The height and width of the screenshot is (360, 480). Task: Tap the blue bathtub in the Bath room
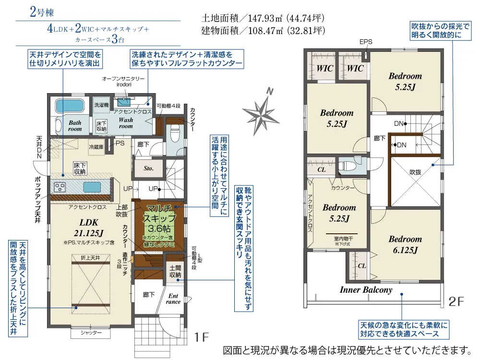pyautogui.click(x=70, y=106)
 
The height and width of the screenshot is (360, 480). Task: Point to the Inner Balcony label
pyautogui.click(x=366, y=290)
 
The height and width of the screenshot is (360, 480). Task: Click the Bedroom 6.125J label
pyautogui.click(x=405, y=244)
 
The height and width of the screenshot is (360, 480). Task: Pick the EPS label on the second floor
pyautogui.click(x=366, y=42)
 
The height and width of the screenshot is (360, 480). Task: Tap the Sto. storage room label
pyautogui.click(x=148, y=168)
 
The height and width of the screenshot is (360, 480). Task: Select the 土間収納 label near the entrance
pyautogui.click(x=175, y=271)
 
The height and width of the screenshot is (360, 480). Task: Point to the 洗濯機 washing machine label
pyautogui.click(x=101, y=104)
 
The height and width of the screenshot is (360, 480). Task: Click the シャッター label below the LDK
pyautogui.click(x=91, y=333)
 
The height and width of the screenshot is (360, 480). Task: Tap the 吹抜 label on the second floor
pyautogui.click(x=415, y=171)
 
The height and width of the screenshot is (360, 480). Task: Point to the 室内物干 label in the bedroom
pyautogui.click(x=343, y=238)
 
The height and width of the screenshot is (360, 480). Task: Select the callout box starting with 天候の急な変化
pyautogui.click(x=403, y=330)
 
